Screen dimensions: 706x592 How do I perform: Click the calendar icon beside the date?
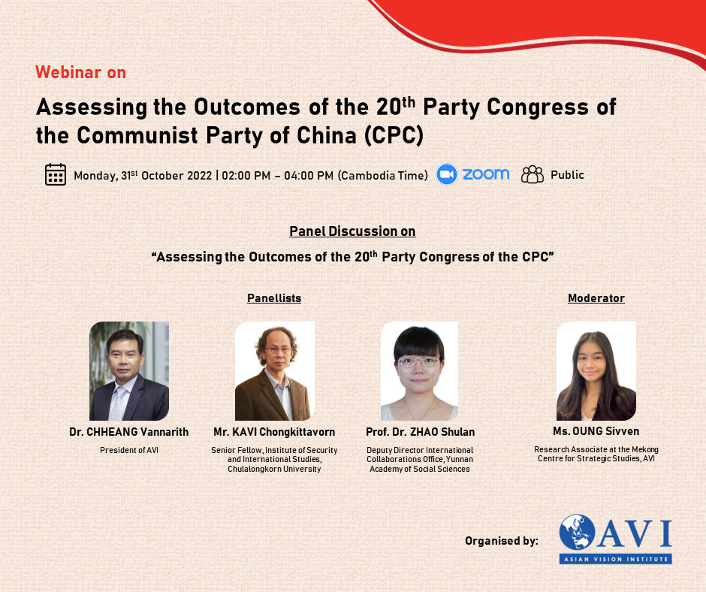click(56, 174)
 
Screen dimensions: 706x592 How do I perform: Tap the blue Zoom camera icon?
click(447, 174)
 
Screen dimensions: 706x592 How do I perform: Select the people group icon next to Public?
click(533, 174)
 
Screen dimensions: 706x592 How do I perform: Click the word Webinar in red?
click(68, 72)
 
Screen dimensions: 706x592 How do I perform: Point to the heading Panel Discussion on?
click(352, 231)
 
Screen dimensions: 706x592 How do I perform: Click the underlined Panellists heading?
click(274, 298)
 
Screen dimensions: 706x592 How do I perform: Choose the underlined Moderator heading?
click(596, 298)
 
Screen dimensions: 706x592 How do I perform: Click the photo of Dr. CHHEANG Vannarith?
click(129, 371)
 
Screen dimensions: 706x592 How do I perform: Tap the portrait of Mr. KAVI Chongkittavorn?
click(275, 371)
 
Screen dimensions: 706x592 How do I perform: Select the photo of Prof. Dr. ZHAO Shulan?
click(420, 371)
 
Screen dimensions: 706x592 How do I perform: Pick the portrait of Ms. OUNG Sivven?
click(596, 371)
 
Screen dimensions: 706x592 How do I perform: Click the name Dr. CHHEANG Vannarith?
click(128, 432)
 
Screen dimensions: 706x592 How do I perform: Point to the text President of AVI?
click(129, 450)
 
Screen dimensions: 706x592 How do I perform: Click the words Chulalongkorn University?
click(274, 469)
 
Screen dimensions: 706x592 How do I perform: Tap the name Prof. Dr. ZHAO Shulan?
click(420, 432)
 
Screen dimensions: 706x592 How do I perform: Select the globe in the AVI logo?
click(578, 532)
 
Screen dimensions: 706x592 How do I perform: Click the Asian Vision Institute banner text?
click(616, 559)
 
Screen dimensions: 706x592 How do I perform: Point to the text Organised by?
click(502, 541)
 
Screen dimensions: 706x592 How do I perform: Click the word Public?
click(567, 175)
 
